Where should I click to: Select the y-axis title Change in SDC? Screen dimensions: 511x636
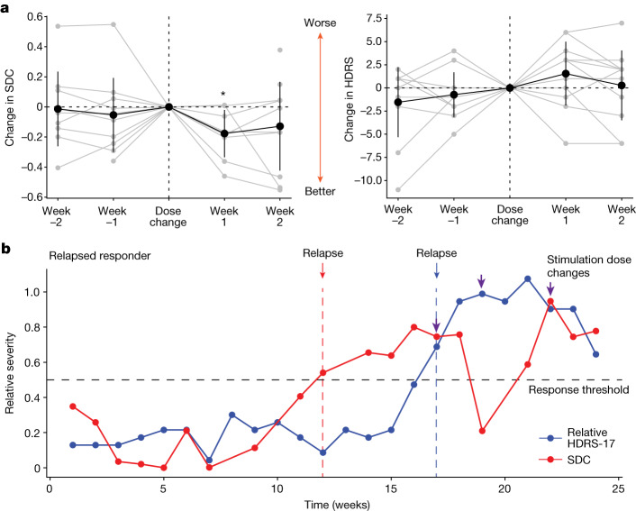pyautogui.click(x=13, y=106)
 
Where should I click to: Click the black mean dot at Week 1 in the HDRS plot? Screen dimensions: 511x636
pyautogui.click(x=566, y=74)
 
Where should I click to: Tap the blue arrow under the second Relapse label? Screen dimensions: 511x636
pyautogui.click(x=437, y=269)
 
